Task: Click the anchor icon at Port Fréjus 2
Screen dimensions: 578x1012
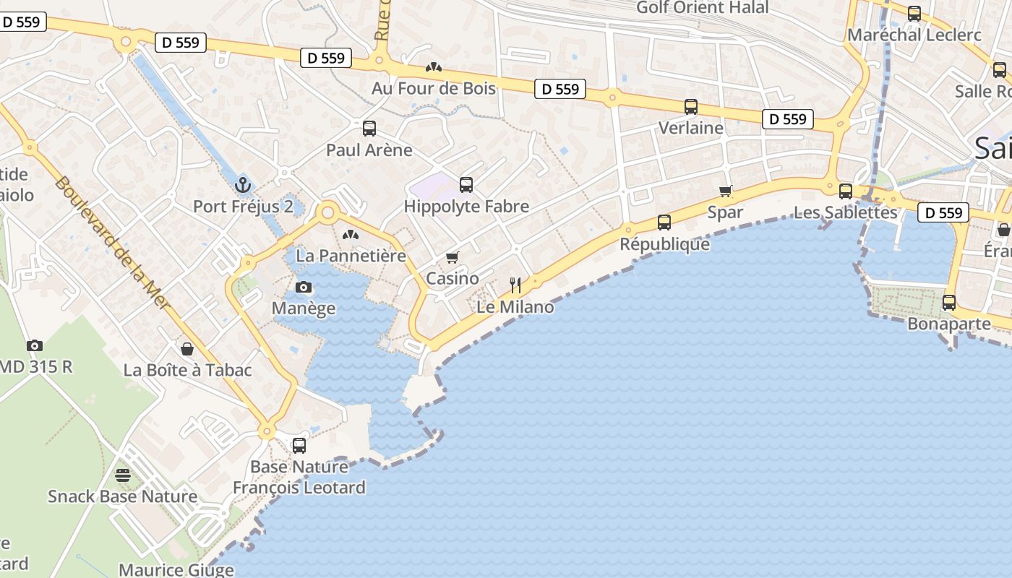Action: coord(242,185)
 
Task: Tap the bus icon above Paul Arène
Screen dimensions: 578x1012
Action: coord(369,129)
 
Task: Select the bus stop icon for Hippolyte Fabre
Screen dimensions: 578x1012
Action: coord(466,185)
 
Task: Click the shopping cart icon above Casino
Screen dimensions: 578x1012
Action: coord(453,258)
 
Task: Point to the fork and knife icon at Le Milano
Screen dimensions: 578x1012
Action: coord(515,285)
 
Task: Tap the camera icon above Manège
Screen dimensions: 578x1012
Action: coord(304,288)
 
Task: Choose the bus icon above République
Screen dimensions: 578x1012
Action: coord(664,223)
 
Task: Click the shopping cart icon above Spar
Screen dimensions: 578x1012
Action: coord(726,191)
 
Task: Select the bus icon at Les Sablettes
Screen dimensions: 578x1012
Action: coord(845,191)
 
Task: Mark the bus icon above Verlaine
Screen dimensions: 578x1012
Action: coord(691,107)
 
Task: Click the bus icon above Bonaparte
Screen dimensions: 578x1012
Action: coord(949,303)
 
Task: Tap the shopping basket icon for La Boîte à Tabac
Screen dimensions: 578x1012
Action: coord(187,350)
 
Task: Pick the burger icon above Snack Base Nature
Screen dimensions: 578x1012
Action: coord(122,475)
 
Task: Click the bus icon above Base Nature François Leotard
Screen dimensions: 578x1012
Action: coord(299,446)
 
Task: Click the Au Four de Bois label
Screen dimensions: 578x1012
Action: coord(434,88)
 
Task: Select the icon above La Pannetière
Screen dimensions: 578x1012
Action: coord(351,235)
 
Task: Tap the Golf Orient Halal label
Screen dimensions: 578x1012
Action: coord(703,8)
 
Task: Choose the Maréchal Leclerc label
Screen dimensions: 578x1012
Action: coord(914,35)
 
